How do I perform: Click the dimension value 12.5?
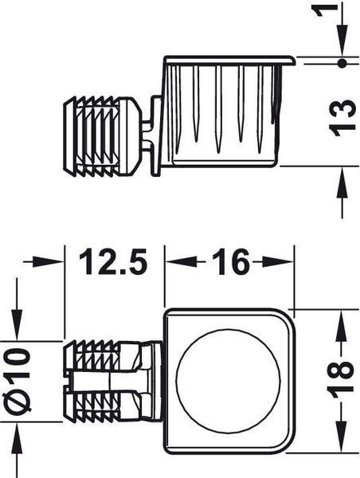[113, 261]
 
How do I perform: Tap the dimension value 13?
[342, 117]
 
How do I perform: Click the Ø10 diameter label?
[18, 382]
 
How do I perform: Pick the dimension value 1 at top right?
[325, 12]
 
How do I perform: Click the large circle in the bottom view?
[228, 382]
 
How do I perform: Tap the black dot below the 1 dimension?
[342, 64]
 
